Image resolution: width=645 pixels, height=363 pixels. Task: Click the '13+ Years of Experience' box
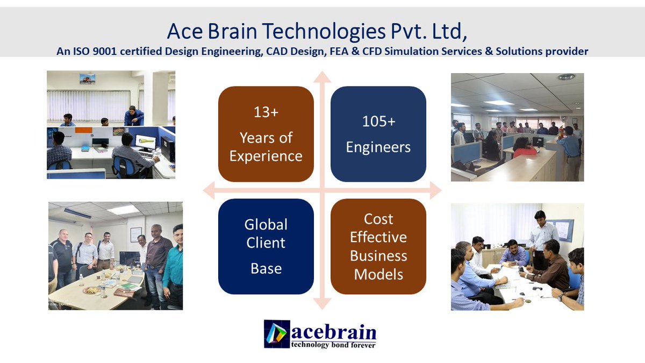click(266, 134)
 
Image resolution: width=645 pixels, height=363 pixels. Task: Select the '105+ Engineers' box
click(378, 134)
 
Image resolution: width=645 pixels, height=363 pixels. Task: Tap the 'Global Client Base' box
click(266, 246)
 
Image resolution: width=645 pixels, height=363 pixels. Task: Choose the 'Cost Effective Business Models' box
click(378, 246)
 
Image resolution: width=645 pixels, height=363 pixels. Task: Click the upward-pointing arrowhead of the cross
click(321, 76)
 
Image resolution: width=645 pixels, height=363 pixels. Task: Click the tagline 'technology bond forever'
click(333, 345)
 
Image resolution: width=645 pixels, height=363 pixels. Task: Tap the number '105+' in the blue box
click(378, 122)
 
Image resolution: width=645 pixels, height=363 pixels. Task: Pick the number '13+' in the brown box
click(266, 112)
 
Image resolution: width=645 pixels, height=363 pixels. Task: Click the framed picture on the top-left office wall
click(87, 79)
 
